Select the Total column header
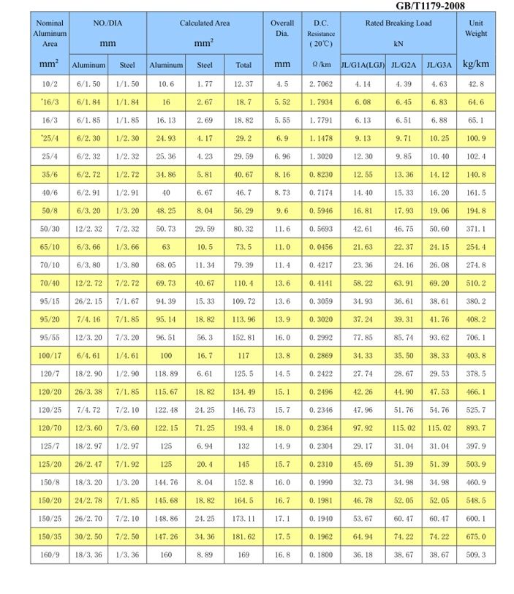pos(243,65)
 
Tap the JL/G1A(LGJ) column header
pos(363,65)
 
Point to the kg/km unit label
pos(475,64)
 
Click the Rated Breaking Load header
pos(398,23)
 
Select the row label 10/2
pos(50,85)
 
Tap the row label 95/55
pos(50,338)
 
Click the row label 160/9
pos(50,555)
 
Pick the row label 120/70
pos(50,427)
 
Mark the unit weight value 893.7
pos(476,427)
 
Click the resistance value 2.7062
pos(321,85)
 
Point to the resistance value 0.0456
pos(321,247)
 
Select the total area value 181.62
pos(243,536)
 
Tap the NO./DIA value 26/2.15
pos(88,301)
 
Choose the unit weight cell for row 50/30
pos(476,229)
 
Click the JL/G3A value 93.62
pos(439,338)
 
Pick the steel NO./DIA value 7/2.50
pos(127,536)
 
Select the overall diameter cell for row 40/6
pos(282,193)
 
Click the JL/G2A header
pos(404,65)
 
